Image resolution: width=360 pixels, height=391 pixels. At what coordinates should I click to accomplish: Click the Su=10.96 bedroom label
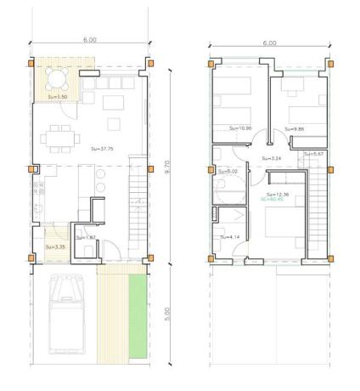(240, 127)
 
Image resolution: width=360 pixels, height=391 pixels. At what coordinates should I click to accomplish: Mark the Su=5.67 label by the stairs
(313, 154)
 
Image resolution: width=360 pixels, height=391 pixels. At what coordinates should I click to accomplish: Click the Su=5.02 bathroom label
(230, 172)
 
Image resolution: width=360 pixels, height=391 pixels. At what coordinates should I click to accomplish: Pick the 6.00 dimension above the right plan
(270, 42)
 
